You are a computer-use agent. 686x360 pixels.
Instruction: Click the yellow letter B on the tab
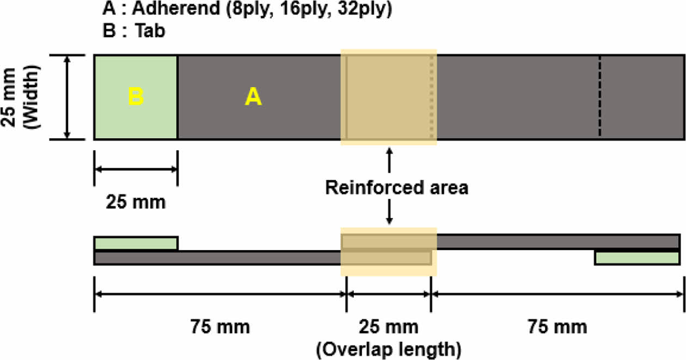point(136,97)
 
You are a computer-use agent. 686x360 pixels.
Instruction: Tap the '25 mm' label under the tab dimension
point(136,202)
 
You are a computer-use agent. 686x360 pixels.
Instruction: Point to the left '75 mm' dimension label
point(220,327)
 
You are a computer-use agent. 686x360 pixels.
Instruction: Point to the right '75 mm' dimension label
point(558,327)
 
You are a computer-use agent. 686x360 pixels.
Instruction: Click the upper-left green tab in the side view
point(136,243)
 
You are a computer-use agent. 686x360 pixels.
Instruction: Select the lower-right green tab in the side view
point(637,258)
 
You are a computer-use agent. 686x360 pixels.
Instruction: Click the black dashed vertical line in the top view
point(600,97)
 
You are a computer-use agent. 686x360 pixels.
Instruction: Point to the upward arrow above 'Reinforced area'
point(389,161)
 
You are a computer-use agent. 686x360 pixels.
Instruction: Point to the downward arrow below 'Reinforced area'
point(389,213)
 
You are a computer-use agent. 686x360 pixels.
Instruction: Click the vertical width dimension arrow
point(67,97)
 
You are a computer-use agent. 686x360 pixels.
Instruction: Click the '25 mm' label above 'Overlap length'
point(389,327)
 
